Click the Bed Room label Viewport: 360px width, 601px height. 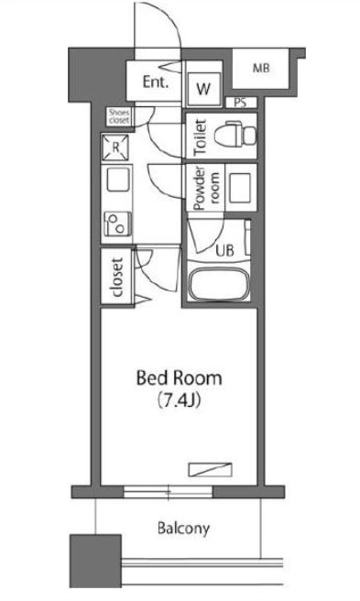click(x=179, y=378)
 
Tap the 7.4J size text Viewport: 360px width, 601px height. click(x=179, y=400)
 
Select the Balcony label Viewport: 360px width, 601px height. click(x=183, y=529)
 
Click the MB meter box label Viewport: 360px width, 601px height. click(x=261, y=69)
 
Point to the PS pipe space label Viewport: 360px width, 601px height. click(x=240, y=103)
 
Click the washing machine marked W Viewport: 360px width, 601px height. click(x=203, y=89)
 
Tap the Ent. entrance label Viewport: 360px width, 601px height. click(x=156, y=82)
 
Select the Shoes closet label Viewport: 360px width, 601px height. click(x=119, y=116)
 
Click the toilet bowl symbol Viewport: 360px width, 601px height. click(x=235, y=134)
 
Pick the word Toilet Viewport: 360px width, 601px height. click(x=200, y=137)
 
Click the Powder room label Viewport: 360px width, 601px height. click(x=207, y=188)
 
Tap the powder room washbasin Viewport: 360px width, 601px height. click(x=240, y=188)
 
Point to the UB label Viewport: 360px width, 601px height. click(x=224, y=251)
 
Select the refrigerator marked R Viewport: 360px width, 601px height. click(x=115, y=147)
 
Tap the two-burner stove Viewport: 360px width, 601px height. click(x=118, y=224)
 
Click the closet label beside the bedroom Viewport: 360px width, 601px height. click(x=117, y=277)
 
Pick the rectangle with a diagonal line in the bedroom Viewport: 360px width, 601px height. click(x=211, y=469)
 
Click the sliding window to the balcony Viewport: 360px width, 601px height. click(x=168, y=492)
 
